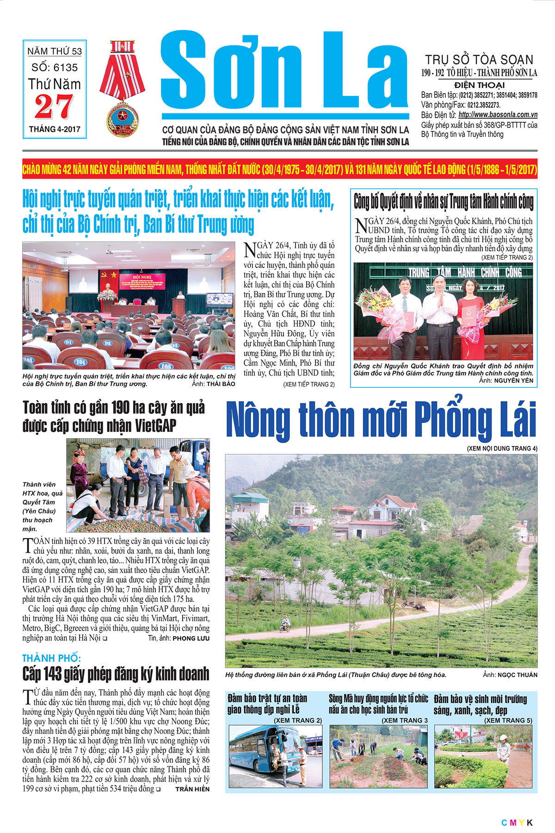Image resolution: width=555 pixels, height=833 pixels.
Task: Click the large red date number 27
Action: click(54, 106)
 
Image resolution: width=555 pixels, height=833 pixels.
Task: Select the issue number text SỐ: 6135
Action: click(55, 68)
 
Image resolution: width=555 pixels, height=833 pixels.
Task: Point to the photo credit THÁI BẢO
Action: click(221, 384)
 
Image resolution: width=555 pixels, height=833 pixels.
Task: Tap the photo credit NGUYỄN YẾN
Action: click(513, 380)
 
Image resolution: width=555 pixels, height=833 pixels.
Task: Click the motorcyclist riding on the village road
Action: click(285, 623)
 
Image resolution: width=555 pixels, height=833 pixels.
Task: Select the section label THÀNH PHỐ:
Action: click(51, 658)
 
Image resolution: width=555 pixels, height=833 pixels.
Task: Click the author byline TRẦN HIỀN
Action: click(192, 789)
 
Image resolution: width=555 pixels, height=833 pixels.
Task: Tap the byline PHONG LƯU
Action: click(191, 638)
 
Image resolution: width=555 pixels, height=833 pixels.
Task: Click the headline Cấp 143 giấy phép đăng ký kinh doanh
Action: click(116, 674)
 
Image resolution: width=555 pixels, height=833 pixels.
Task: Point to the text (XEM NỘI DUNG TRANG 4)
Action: click(502, 448)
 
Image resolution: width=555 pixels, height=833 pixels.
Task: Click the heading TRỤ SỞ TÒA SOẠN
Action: click(479, 60)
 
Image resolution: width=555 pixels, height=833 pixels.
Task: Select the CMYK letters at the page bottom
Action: click(517, 822)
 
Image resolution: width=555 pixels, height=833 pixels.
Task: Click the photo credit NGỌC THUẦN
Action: click(518, 675)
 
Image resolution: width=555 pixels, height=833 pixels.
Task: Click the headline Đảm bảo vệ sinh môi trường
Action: click(480, 704)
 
